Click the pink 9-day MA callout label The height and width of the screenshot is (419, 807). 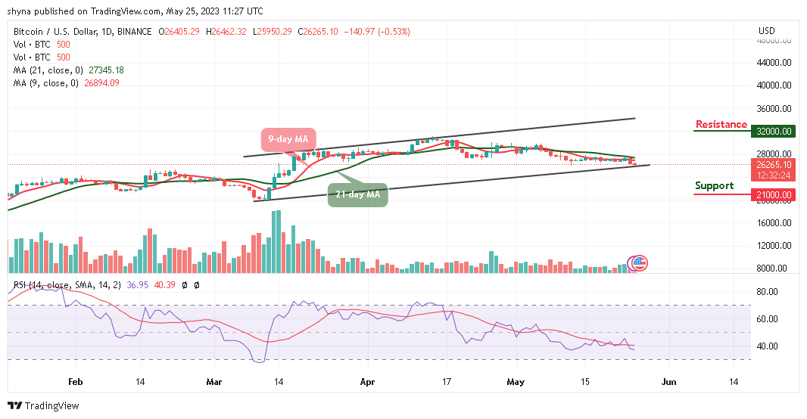coord(287,139)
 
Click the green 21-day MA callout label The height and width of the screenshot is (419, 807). coord(358,195)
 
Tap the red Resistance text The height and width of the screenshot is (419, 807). coord(721,125)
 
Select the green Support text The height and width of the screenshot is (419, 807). coord(714,186)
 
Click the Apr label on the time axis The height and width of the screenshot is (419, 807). coord(366,383)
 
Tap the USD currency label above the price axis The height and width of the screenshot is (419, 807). coord(767,31)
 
